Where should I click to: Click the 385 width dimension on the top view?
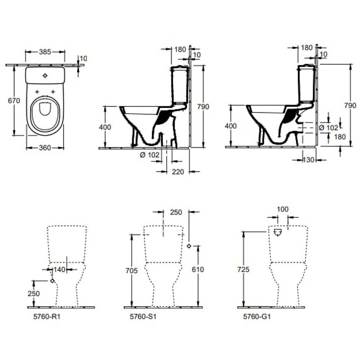(x=45, y=51)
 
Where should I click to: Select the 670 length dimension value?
(x=14, y=101)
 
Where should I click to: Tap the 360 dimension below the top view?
(x=45, y=148)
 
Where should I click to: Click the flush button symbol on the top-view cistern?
(x=45, y=76)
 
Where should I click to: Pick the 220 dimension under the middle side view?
(x=178, y=172)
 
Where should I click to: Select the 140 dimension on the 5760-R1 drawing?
(x=59, y=269)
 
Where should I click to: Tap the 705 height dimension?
(x=132, y=270)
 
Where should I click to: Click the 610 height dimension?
(x=198, y=270)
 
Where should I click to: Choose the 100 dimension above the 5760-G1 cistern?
(x=283, y=209)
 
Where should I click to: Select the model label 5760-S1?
(x=140, y=317)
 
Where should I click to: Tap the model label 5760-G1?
(x=255, y=317)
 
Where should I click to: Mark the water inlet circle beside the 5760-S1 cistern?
(x=189, y=246)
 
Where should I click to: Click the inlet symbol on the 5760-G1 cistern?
(x=278, y=233)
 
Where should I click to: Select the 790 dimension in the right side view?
(x=350, y=105)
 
